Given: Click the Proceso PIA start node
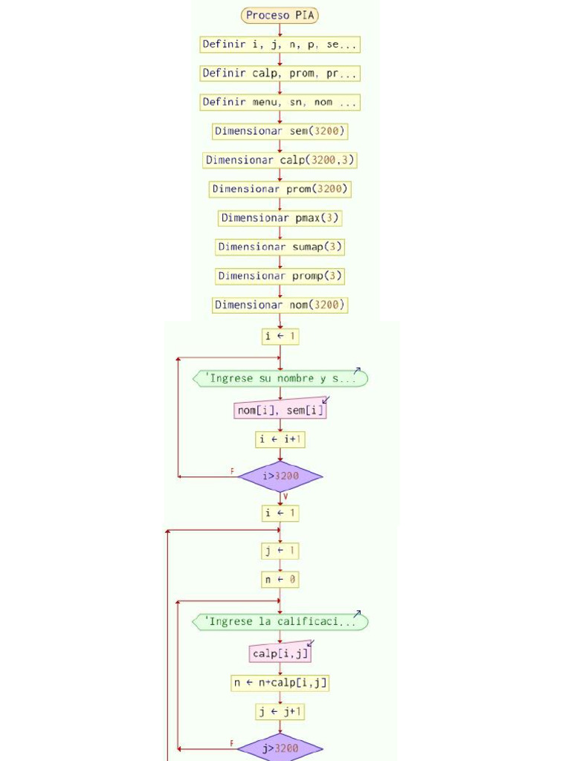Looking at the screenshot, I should tap(280, 15).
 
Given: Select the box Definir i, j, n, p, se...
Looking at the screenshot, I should tap(280, 45).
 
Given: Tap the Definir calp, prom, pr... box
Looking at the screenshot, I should tap(280, 74).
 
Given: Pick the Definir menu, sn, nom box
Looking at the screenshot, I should tap(280, 103).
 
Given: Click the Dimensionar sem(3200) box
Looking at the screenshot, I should tap(280, 132).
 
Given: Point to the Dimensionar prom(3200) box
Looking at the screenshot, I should tap(280, 190).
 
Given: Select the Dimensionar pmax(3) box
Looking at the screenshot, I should tap(280, 218).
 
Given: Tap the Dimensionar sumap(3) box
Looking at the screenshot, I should tap(280, 247).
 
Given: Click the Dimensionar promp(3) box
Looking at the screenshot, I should tap(280, 276).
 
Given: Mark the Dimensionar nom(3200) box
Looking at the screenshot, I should tap(280, 305).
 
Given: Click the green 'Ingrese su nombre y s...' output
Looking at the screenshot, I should tap(280, 378).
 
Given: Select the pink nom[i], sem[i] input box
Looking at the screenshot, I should tap(280, 410).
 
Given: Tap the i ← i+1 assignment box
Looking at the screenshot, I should tap(280, 440).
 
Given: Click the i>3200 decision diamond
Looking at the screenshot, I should tap(280, 476).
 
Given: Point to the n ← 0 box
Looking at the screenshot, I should tap(280, 580).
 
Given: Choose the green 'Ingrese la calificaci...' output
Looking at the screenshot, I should tap(280, 622).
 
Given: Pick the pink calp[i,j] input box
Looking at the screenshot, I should tap(280, 653).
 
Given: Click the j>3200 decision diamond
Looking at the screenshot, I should tap(280, 748).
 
